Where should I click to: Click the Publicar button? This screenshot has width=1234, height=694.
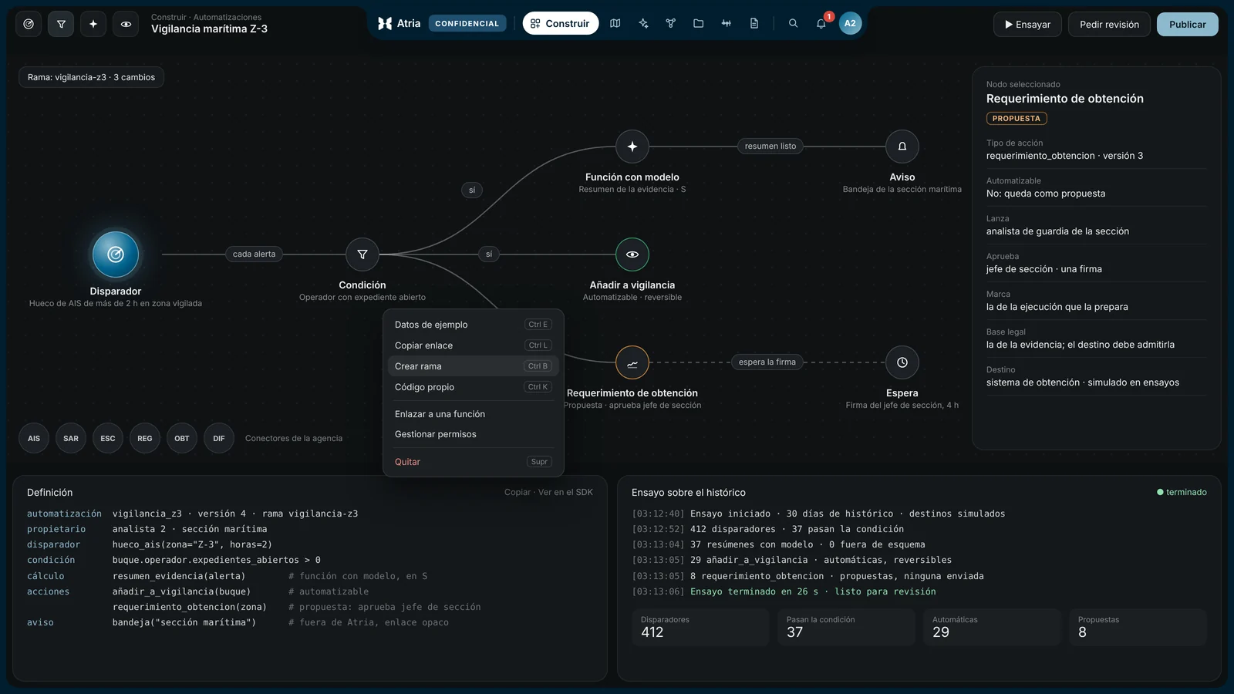pos(1187,24)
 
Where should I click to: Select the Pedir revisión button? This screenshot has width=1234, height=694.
pos(1109,24)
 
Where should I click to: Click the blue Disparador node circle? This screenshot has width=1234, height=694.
pos(115,254)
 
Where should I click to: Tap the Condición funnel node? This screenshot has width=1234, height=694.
pos(362,254)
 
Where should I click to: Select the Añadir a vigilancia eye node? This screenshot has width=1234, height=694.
pos(632,254)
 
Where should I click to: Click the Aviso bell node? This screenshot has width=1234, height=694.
pos(902,146)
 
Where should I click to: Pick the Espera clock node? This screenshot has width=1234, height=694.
pos(902,362)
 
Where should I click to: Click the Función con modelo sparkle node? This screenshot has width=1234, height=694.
pos(632,146)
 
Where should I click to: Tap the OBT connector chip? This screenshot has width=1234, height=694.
pos(182,438)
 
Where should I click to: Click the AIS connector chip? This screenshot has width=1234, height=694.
pos(34,438)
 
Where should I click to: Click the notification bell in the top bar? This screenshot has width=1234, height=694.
pos(821,23)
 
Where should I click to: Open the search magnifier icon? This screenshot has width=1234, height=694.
pos(793,23)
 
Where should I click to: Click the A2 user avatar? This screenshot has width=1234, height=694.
pos(850,23)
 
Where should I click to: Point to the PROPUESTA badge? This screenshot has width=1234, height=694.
pos(1017,119)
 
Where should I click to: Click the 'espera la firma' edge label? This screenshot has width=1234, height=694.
pos(767,362)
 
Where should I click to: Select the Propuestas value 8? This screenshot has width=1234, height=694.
pos(1082,632)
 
